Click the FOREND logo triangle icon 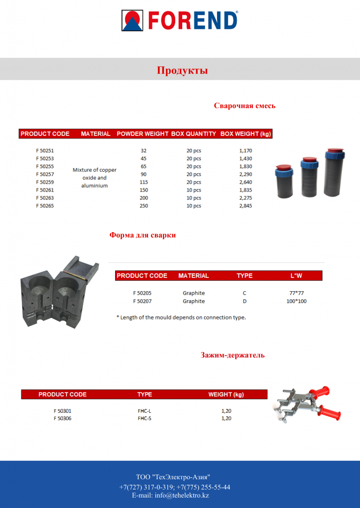click(132, 20)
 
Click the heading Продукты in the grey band click(182, 70)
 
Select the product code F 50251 click(45, 150)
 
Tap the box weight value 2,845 click(245, 206)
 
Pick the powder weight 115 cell click(144, 182)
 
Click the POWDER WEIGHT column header click(143, 134)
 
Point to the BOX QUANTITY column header click(194, 134)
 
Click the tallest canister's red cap click(335, 150)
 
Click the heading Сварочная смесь click(245, 106)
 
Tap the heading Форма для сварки click(143, 235)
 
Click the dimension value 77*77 click(296, 293)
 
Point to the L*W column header click(296, 276)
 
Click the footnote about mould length click(181, 317)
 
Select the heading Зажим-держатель click(232, 355)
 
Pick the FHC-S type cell click(144, 418)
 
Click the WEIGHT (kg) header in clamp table click(226, 394)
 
